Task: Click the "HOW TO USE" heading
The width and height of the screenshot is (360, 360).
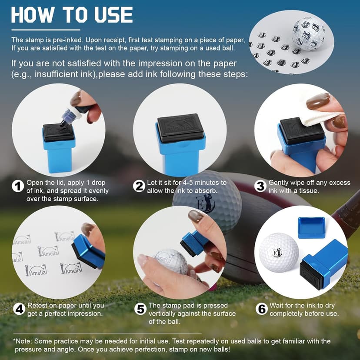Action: click(x=72, y=15)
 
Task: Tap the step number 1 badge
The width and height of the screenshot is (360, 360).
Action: click(x=18, y=186)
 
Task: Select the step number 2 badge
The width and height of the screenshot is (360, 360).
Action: click(x=139, y=186)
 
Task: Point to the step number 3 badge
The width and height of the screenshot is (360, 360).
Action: click(x=260, y=186)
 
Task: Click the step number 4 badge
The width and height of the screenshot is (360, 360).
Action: click(x=19, y=309)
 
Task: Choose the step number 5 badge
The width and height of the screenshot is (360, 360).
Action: click(x=140, y=309)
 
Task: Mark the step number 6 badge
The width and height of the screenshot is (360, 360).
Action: click(x=262, y=309)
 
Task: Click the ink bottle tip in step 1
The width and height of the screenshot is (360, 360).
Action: click(x=62, y=124)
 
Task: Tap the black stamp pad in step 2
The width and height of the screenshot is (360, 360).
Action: click(x=181, y=128)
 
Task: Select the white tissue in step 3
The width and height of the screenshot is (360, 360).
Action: click(x=319, y=118)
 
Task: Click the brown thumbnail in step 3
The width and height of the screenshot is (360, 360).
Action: click(x=318, y=101)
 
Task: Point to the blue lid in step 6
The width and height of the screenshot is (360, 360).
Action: click(x=311, y=227)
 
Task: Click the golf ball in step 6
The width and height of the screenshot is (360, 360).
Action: click(x=279, y=253)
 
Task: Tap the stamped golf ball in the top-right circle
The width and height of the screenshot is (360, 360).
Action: click(x=308, y=33)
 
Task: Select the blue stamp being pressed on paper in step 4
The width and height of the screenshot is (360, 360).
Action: click(x=88, y=252)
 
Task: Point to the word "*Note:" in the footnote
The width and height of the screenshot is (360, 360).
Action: click(x=22, y=341)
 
